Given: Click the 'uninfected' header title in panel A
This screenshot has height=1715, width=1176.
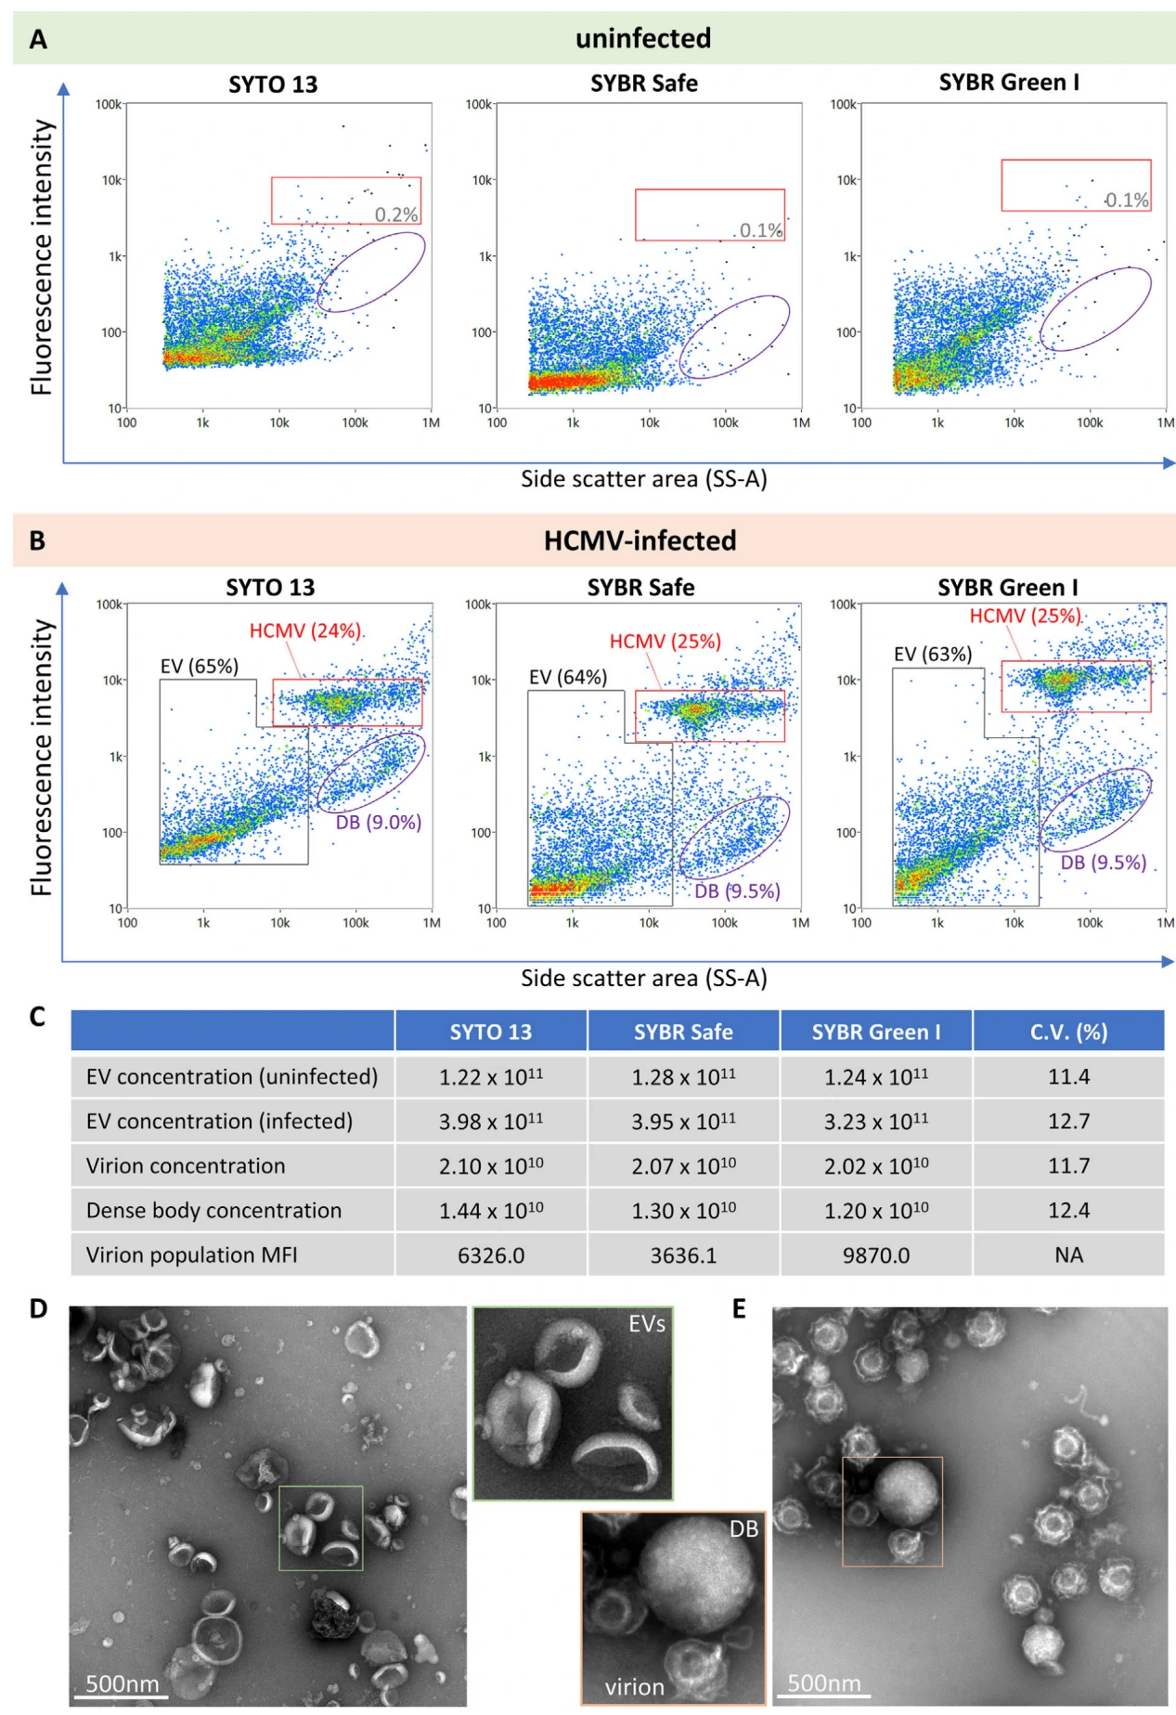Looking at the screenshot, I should tap(642, 38).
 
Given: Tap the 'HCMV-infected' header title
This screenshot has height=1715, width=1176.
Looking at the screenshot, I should tap(640, 540).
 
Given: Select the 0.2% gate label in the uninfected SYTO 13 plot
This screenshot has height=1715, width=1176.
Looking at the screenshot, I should tap(396, 214).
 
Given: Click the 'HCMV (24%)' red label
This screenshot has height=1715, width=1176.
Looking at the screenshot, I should tap(304, 630).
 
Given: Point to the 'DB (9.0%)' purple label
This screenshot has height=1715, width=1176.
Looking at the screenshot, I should tap(378, 822).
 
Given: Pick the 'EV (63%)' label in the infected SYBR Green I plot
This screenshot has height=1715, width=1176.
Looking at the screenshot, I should tap(932, 655).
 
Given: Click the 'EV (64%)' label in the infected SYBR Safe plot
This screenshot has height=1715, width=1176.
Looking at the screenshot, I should tap(568, 677).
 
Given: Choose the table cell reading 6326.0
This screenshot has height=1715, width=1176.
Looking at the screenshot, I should tap(491, 1255).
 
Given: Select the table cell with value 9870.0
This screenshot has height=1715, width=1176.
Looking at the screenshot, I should tap(875, 1255).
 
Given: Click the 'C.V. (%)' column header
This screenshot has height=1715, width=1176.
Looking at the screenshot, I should tap(1068, 1032).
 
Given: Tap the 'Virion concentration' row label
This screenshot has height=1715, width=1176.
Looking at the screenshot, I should tap(186, 1166).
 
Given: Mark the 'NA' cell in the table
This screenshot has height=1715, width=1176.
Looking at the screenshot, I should tap(1068, 1255).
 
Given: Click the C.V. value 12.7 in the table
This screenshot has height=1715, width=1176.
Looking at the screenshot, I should tap(1068, 1122).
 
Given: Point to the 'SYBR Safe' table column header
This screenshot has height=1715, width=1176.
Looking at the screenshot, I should tap(683, 1032).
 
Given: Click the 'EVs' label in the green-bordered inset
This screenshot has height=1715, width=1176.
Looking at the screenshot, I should tap(646, 1324).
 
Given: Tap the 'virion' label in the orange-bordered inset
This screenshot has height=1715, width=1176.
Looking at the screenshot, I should tap(635, 1687).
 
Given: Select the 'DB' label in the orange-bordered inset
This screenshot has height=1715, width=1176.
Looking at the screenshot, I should tap(743, 1529).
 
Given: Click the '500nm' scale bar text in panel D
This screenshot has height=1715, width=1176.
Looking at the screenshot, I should tap(122, 1683).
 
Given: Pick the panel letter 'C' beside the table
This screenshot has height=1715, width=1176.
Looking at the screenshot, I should tap(37, 1017).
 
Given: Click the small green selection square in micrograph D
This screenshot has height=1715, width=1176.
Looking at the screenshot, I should tap(321, 1527).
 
